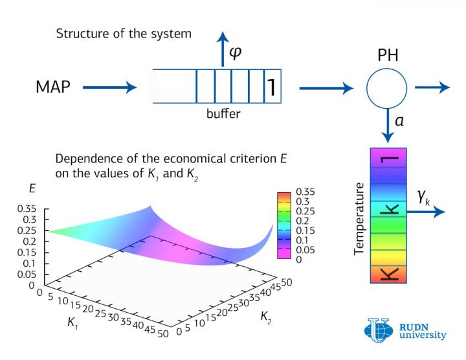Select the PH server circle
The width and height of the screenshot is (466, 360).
point(387,87)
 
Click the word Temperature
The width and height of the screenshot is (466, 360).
point(359,218)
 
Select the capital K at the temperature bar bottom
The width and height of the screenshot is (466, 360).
point(388,272)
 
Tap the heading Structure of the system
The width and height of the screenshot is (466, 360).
point(124,34)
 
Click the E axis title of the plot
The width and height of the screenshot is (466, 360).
point(32,188)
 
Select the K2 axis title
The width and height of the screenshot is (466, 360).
point(267,316)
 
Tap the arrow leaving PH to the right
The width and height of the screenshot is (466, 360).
point(432,87)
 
